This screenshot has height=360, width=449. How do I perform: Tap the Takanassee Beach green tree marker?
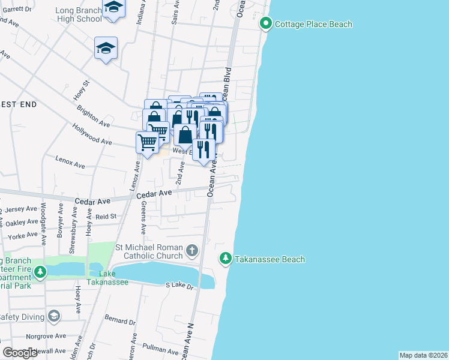[x=225, y=259]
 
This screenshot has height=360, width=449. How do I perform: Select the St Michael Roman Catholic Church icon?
[x=191, y=250]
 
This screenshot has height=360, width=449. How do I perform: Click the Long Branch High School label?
[x=78, y=14]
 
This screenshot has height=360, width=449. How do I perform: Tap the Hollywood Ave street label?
[x=92, y=134]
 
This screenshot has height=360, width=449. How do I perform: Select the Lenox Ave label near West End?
[x=70, y=162]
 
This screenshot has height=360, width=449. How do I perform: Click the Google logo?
[x=20, y=353]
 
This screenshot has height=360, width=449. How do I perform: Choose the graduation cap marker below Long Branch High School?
[x=106, y=49]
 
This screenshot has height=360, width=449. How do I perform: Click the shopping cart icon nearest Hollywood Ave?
[x=146, y=143]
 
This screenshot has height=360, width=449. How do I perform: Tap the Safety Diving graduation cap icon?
[x=54, y=316]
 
